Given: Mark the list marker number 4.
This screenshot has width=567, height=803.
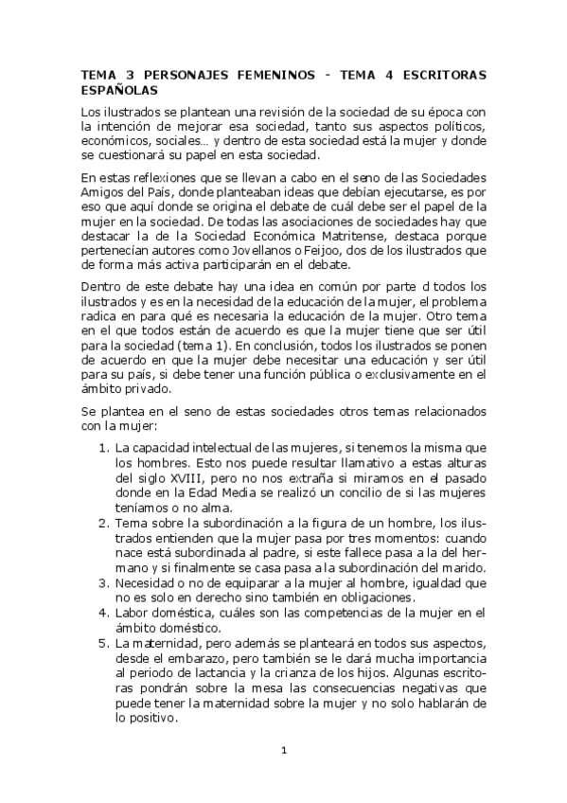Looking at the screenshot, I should [103, 614].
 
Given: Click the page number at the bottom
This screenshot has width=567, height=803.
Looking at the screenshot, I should [283, 750].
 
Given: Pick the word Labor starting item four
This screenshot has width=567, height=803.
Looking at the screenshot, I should [131, 614].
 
